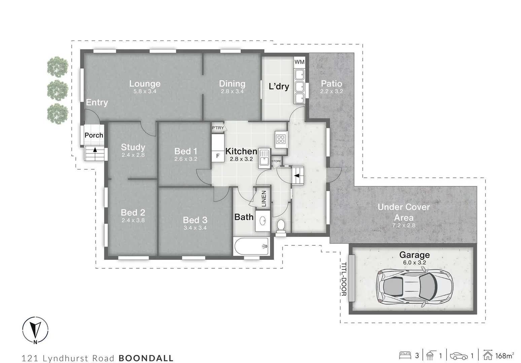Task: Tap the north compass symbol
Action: click(35, 330)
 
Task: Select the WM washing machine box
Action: click(299, 62)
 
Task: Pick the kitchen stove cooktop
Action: click(280, 138)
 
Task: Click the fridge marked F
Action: click(218, 156)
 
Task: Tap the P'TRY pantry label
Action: click(218, 128)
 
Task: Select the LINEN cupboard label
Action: click(264, 199)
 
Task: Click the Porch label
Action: click(94, 135)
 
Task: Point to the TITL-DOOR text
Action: click(343, 279)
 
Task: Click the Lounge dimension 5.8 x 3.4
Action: click(145, 91)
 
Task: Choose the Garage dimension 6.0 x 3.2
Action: click(414, 263)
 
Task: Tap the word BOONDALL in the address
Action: click(146, 358)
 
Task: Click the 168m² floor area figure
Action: click(504, 355)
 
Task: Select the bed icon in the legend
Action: click(405, 355)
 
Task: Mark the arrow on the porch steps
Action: click(95, 150)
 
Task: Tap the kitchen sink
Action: click(264, 157)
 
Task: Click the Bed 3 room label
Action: click(195, 220)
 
